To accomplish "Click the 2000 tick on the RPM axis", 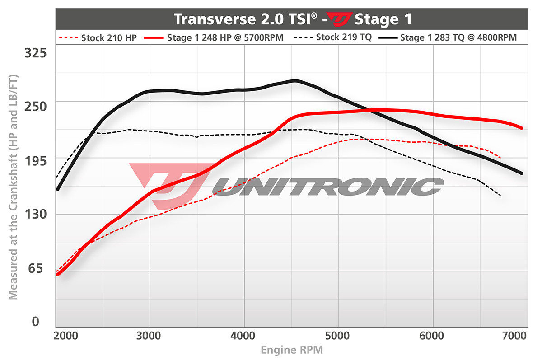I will point(65,336).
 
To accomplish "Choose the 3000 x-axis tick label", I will point(150,336).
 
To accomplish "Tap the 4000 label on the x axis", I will point(244,336).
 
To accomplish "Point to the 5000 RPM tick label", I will point(339,336).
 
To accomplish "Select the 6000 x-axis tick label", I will point(433,336).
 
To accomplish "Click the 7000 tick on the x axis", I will point(515,336).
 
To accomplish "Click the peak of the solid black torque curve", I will point(294,81).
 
